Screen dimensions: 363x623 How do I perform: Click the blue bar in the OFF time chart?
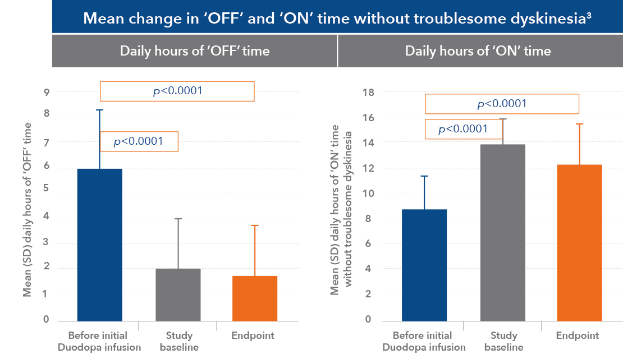click(x=99, y=245)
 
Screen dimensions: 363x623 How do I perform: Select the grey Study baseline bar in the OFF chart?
click(x=178, y=295)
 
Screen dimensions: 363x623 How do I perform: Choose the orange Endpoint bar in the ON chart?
click(x=579, y=242)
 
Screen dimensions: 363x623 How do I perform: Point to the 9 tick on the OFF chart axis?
click(x=46, y=92)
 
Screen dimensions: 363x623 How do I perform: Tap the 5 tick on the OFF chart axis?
click(x=46, y=189)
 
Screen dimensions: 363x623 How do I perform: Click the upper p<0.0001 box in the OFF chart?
click(x=177, y=91)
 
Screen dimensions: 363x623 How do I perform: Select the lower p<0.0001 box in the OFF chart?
click(x=139, y=141)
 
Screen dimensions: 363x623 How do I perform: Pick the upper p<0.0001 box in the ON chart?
click(x=502, y=104)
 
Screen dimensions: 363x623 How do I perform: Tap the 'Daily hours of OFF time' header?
click(x=195, y=51)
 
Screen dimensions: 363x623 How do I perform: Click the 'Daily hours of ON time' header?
click(x=478, y=51)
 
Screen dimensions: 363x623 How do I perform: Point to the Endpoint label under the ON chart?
click(x=578, y=336)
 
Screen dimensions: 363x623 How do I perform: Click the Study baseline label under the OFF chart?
click(x=179, y=341)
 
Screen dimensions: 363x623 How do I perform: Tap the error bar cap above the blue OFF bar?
click(x=99, y=110)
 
